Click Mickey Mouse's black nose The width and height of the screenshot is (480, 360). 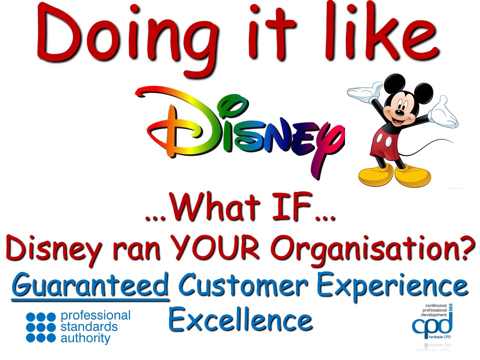399,112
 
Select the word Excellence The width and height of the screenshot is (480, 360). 240,318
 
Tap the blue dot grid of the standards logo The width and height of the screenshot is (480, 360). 40,327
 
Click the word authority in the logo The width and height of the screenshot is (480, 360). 85,338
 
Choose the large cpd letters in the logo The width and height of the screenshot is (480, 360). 432,325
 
